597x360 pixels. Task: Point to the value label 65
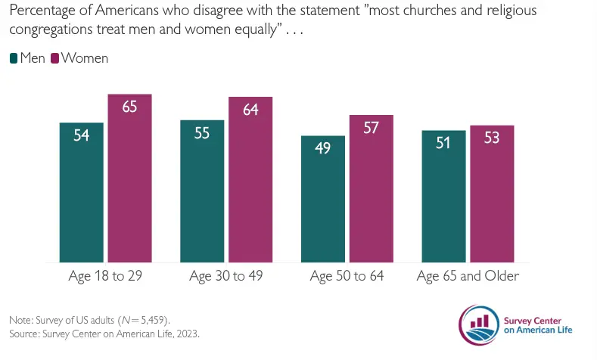click(129, 107)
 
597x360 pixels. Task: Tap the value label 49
click(323, 148)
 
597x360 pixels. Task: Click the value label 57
click(371, 127)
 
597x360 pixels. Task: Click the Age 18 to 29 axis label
click(105, 276)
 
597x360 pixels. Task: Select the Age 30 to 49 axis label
click(225, 276)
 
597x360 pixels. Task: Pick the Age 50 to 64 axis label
click(347, 276)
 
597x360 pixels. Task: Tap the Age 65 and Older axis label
click(468, 276)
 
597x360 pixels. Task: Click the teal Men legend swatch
click(14, 58)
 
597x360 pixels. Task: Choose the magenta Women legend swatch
click(54, 58)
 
